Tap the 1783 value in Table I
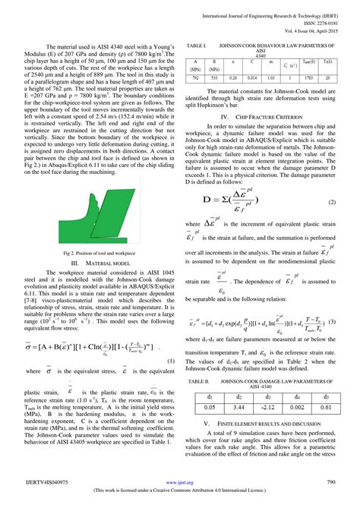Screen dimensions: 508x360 pos(308,77)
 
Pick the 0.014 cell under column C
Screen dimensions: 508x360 pos(251,77)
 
